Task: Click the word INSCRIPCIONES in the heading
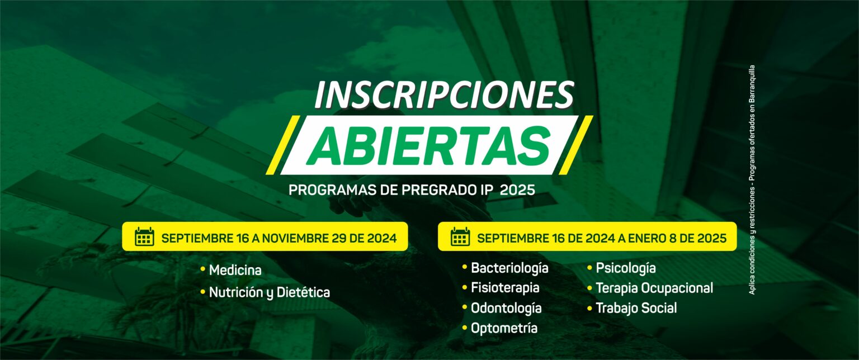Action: pyautogui.click(x=444, y=95)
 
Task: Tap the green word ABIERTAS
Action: pyautogui.click(x=429, y=146)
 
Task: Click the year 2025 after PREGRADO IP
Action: pyautogui.click(x=517, y=190)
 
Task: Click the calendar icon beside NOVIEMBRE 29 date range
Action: pyautogui.click(x=145, y=236)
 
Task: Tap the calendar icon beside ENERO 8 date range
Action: pyautogui.click(x=460, y=236)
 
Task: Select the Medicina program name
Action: pyautogui.click(x=235, y=271)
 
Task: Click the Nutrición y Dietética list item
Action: pyautogui.click(x=269, y=292)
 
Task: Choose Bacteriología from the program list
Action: pyautogui.click(x=509, y=268)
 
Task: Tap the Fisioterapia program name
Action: pyautogui.click(x=505, y=288)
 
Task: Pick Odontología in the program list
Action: pyautogui.click(x=506, y=308)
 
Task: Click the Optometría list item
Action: pyautogui.click(x=504, y=328)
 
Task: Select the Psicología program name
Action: pyautogui.click(x=625, y=268)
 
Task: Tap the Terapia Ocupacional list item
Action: pyautogui.click(x=654, y=288)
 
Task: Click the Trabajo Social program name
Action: pyautogui.click(x=636, y=308)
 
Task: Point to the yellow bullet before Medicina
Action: pyautogui.click(x=203, y=269)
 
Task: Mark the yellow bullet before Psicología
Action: pyautogui.click(x=590, y=267)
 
